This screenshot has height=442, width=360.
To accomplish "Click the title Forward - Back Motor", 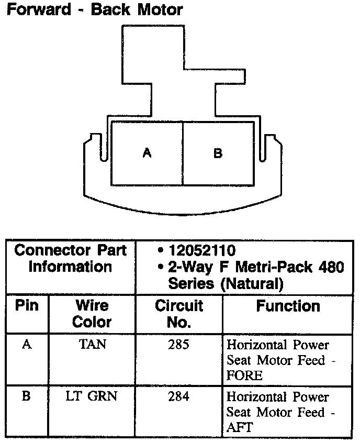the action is pyautogui.click(x=94, y=9).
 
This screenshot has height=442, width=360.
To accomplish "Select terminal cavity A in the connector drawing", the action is pyautogui.click(x=147, y=153).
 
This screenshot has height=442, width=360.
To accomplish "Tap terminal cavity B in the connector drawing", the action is pyautogui.click(x=218, y=153).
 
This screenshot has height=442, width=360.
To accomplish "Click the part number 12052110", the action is pyautogui.click(x=201, y=250).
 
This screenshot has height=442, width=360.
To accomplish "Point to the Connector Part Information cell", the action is pyautogui.click(x=70, y=259).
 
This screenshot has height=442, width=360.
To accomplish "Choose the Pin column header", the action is pyautogui.click(x=27, y=306).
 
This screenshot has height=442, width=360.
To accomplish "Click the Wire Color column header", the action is pyautogui.click(x=92, y=313).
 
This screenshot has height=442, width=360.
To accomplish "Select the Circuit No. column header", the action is pyautogui.click(x=178, y=313).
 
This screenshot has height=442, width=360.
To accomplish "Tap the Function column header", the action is pyautogui.click(x=288, y=306).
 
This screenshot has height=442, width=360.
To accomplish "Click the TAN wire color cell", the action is pyautogui.click(x=92, y=346).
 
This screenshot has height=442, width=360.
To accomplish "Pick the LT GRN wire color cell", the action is pyautogui.click(x=92, y=396).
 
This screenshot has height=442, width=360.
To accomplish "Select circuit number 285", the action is pyautogui.click(x=178, y=346).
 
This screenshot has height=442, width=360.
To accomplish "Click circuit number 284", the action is pyautogui.click(x=178, y=396).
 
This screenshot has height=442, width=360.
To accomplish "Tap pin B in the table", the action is pyautogui.click(x=26, y=396).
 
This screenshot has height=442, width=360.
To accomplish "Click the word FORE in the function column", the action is pyautogui.click(x=244, y=375).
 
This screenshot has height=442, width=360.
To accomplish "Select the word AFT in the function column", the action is pyautogui.click(x=239, y=427).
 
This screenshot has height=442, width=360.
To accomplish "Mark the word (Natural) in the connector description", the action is pyautogui.click(x=248, y=284).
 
